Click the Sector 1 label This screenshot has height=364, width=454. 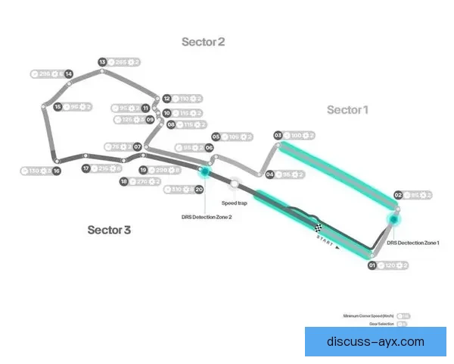(347, 110)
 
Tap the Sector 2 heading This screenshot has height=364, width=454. (203, 42)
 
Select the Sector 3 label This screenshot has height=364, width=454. (109, 229)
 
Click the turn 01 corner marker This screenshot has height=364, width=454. (372, 265)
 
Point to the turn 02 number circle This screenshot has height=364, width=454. (397, 195)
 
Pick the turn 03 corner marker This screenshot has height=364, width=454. (278, 135)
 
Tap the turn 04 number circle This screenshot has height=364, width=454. (270, 174)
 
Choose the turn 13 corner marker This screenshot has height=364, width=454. (102, 62)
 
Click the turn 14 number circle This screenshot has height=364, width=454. (69, 74)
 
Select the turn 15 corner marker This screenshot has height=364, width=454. (58, 107)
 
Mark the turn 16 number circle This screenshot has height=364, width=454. (57, 171)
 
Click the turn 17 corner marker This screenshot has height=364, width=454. (86, 168)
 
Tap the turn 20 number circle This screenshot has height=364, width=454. (199, 190)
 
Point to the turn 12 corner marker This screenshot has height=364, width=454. (166, 98)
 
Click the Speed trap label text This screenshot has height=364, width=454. (234, 203)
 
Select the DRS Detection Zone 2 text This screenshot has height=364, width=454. (206, 216)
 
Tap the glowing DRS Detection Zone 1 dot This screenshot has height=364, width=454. (393, 220)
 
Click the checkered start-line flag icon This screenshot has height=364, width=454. (319, 227)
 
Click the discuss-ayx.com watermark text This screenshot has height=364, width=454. (375, 342)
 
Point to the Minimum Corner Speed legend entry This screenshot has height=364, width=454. (368, 315)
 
